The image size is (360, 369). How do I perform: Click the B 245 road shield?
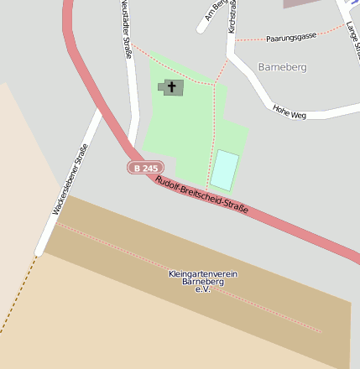point(143,168)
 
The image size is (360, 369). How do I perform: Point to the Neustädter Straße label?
point(126,29)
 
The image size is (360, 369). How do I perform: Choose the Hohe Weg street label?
point(289,110)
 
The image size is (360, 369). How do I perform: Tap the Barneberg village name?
point(282,66)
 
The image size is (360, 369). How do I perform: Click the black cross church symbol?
point(173,86)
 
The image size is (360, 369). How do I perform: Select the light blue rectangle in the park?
point(224,170)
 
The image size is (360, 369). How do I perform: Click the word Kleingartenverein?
point(202,274)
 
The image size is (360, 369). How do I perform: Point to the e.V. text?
point(202,290)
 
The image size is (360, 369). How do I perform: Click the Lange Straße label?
point(352,38)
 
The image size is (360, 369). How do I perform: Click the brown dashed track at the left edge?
point(17,298)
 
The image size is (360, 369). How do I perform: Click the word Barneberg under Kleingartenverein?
point(202,283)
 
